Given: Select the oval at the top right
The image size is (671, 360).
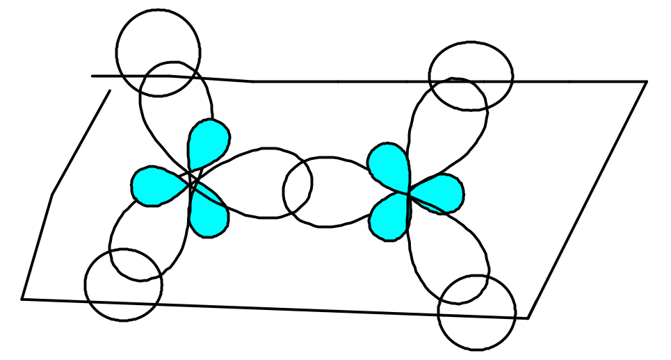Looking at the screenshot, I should click(471, 76).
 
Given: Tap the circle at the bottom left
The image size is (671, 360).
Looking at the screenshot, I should click(123, 284).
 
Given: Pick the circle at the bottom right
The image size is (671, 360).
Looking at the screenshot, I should click(477, 312).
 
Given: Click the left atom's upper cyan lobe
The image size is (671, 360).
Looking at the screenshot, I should click(208, 142).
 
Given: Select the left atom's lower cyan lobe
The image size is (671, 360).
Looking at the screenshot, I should click(209, 215).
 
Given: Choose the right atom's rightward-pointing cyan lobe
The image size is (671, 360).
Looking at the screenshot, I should click(439, 193).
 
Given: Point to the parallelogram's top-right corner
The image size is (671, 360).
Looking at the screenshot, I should click(647, 82).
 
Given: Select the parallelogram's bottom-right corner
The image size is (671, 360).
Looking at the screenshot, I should click(528, 318).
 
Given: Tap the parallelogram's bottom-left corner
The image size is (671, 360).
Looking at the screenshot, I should click(22, 299).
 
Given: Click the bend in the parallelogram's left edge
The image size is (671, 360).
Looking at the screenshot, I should click(53, 194).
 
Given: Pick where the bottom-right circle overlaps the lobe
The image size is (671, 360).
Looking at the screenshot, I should click(467, 289).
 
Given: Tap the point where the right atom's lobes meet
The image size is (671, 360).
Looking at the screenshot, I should click(408, 194).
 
